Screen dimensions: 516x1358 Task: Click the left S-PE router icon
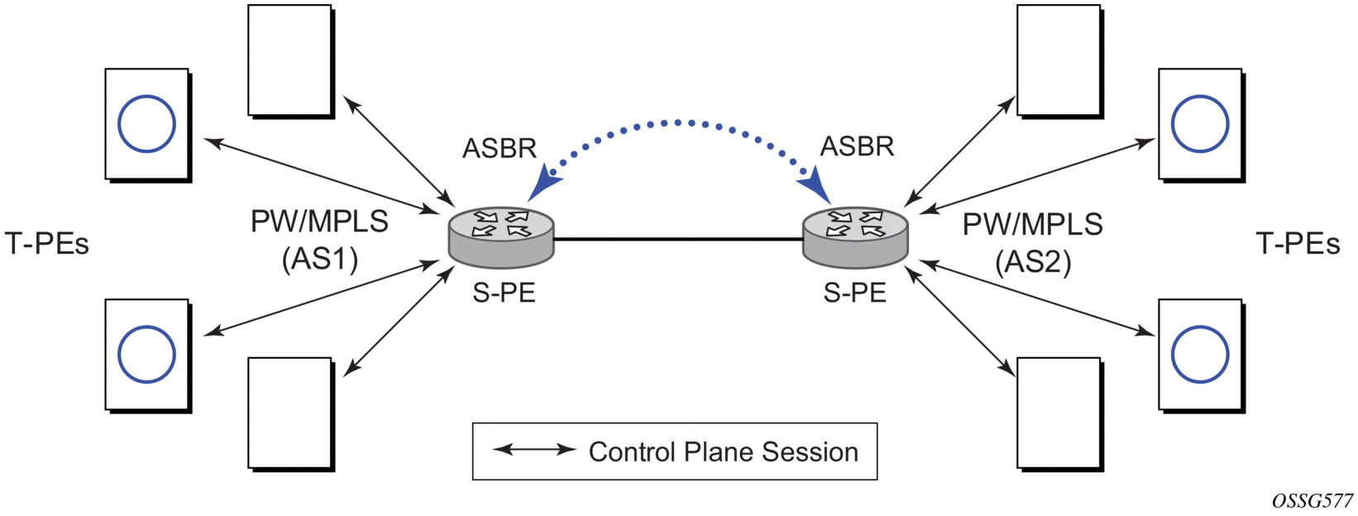point(501,237)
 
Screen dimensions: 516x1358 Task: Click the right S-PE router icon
point(855,237)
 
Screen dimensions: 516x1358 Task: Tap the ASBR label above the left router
point(500,148)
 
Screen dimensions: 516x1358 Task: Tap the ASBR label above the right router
point(857,146)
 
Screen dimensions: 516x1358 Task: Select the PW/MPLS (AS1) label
point(320,240)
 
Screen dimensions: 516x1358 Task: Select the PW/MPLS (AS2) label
point(1033,242)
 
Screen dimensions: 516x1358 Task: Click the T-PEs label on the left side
point(47,244)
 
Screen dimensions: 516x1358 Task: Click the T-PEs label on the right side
point(1298,243)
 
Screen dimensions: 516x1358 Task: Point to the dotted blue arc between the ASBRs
point(678,123)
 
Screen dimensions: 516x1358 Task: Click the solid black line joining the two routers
point(678,239)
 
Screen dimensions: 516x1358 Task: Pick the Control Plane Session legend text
point(724,452)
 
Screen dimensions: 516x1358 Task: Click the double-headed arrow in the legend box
point(534,450)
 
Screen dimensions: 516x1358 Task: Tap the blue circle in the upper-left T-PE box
point(146,124)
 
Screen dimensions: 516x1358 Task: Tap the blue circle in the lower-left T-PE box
point(146,355)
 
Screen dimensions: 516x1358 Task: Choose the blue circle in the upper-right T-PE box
point(1200,124)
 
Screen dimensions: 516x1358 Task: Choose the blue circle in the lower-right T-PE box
point(1200,355)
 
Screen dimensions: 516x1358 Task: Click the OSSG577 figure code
point(1313,501)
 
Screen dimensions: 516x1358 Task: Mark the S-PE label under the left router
point(504,293)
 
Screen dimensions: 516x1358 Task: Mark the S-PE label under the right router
point(855,293)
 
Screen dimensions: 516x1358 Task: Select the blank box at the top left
point(290,60)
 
